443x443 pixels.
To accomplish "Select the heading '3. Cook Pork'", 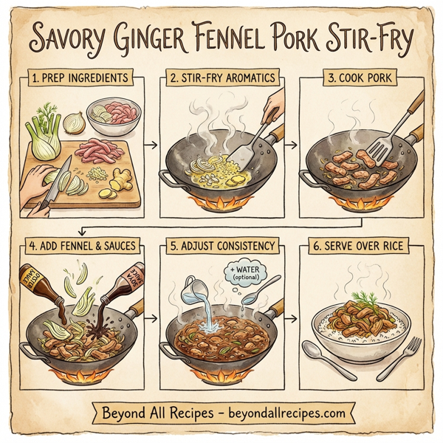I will [361, 78].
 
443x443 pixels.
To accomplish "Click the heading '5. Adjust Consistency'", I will [221, 244].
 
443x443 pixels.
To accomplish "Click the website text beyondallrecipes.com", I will [281, 410].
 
